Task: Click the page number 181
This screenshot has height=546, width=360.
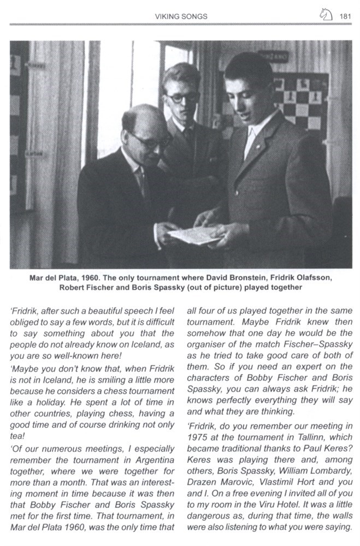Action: click(345, 16)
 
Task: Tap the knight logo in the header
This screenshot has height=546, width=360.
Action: click(326, 16)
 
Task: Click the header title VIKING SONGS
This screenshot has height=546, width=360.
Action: click(181, 16)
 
